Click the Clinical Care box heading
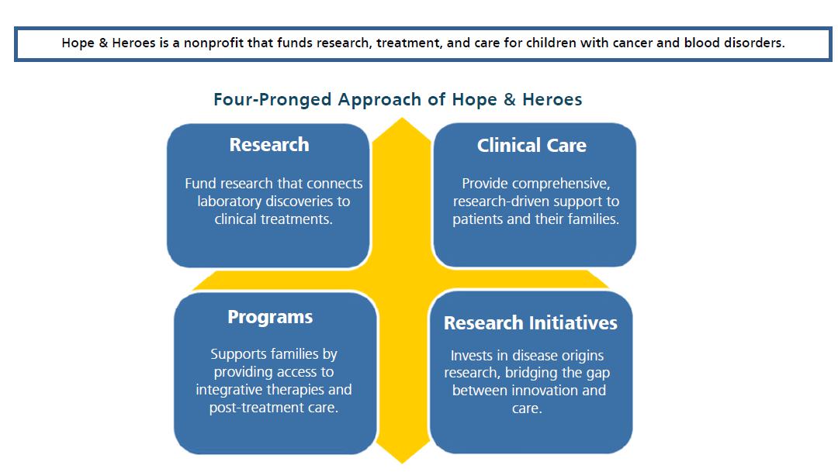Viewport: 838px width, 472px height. (x=532, y=145)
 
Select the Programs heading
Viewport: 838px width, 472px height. (x=271, y=317)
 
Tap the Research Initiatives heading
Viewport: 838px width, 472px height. (x=531, y=323)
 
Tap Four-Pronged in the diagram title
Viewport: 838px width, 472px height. (x=272, y=100)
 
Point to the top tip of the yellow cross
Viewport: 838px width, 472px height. (x=401, y=119)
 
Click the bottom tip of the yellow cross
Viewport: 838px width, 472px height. (x=402, y=463)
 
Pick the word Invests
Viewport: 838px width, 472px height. (x=471, y=356)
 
